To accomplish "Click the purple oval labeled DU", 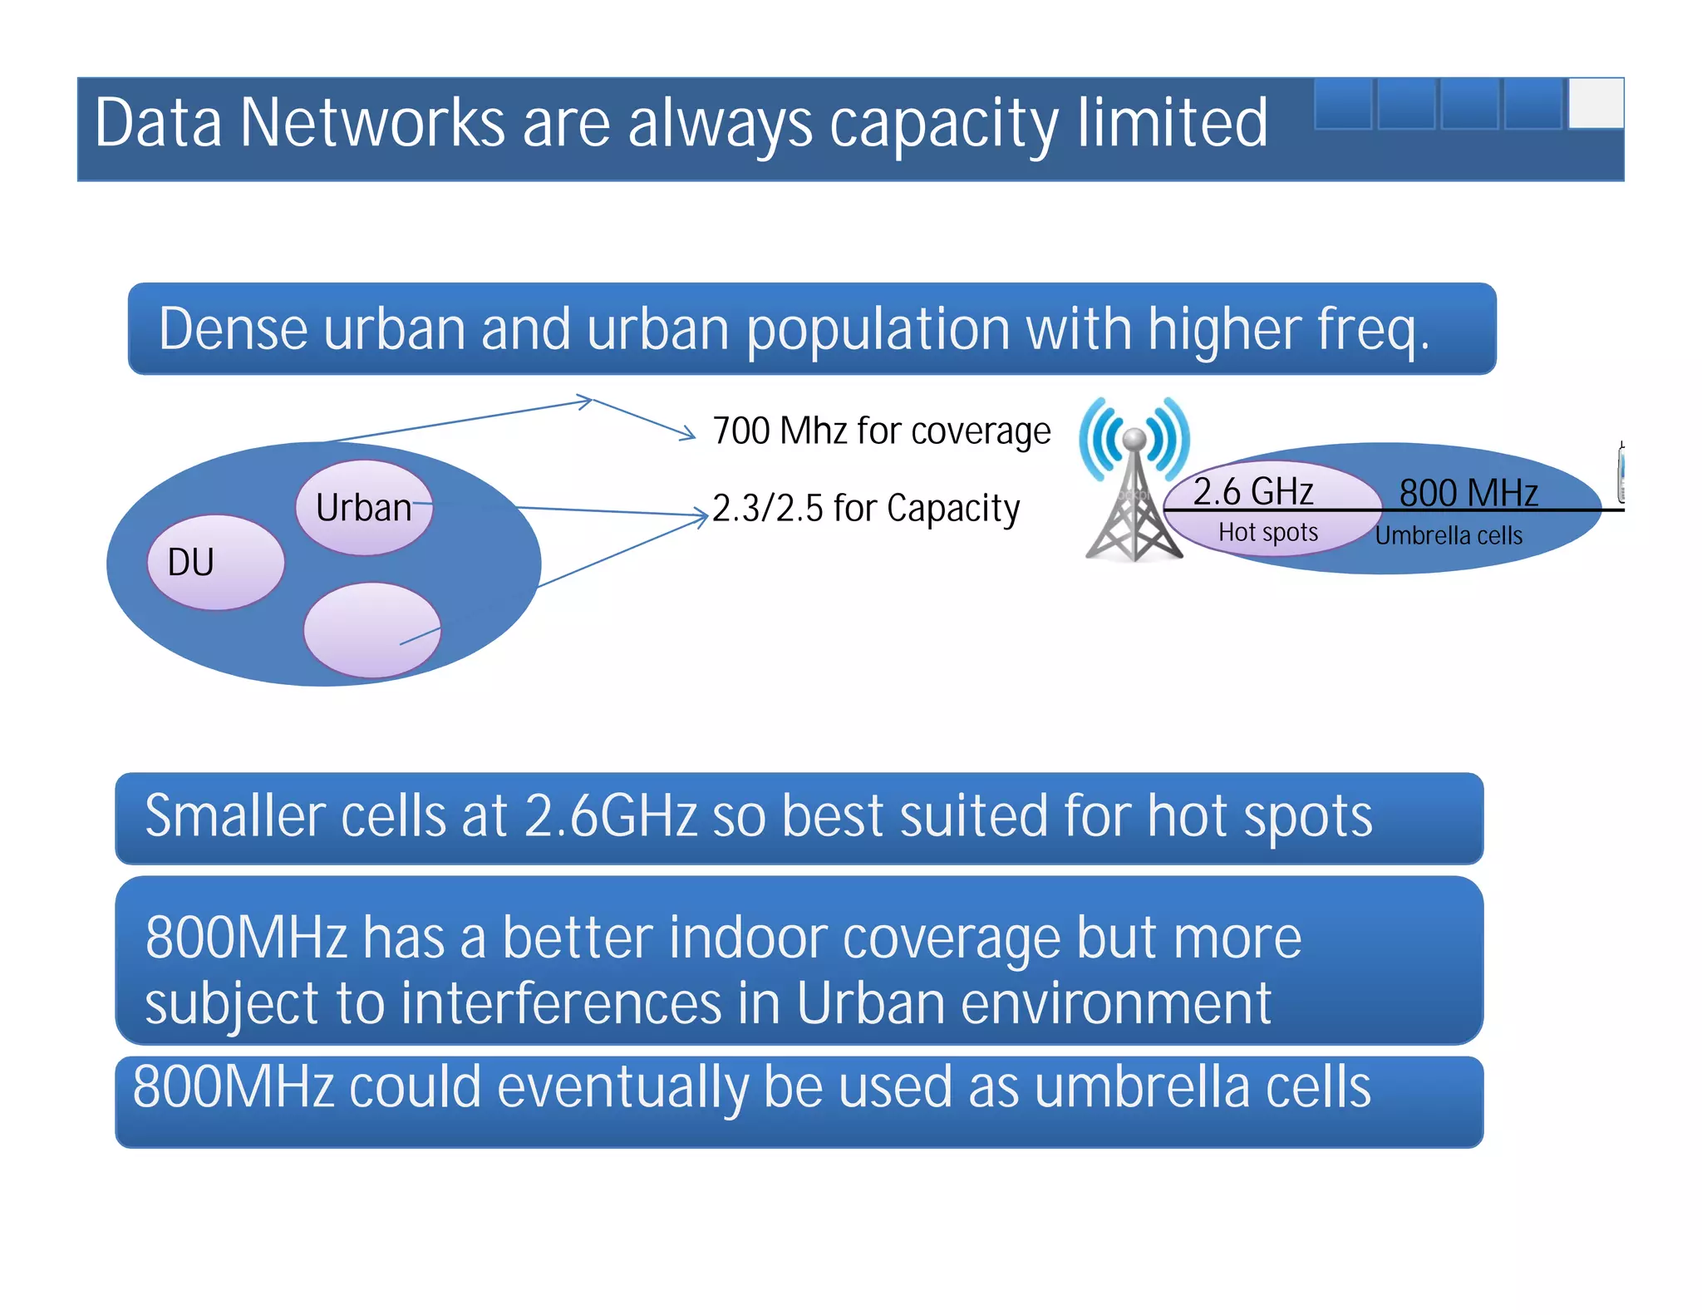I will click(215, 563).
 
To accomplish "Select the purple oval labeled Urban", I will click(364, 508).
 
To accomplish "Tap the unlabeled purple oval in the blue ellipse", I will click(371, 629).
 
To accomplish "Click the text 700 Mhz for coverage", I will click(882, 431).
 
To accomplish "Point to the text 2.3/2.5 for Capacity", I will click(866, 509).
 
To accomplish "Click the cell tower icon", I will click(1134, 482).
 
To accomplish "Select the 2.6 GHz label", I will click(1253, 491).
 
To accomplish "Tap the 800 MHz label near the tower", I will click(1468, 493).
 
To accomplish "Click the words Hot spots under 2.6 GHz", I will click(1268, 532).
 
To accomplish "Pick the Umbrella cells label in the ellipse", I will click(1449, 536).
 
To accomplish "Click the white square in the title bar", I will click(1596, 104).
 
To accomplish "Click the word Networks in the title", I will click(372, 123).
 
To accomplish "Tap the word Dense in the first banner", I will click(232, 329).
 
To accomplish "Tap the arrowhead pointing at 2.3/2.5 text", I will click(702, 515).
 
